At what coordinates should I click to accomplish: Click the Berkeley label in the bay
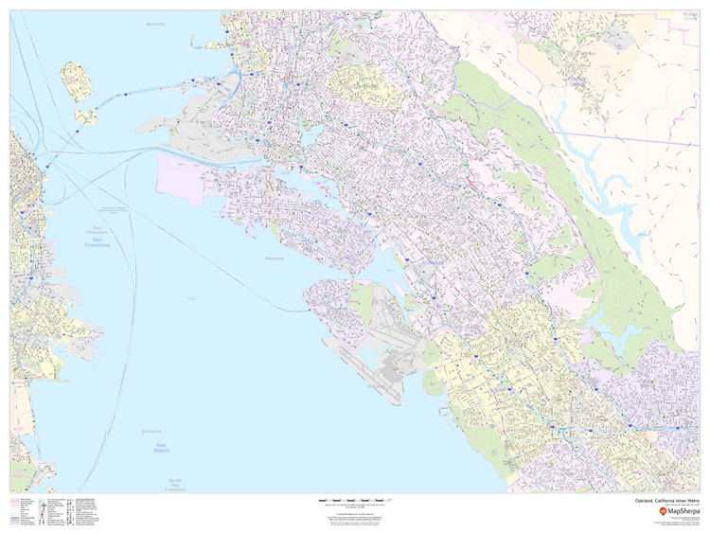pos(154,25)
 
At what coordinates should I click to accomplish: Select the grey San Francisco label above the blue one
pos(95,230)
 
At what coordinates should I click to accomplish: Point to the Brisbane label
pos(151,431)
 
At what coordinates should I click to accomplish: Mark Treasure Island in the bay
pos(74,80)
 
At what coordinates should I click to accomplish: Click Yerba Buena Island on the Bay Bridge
pos(87,117)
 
